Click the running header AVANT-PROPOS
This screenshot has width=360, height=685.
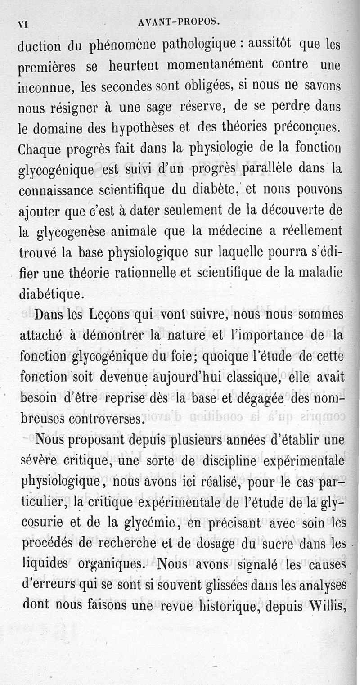click(x=179, y=22)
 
